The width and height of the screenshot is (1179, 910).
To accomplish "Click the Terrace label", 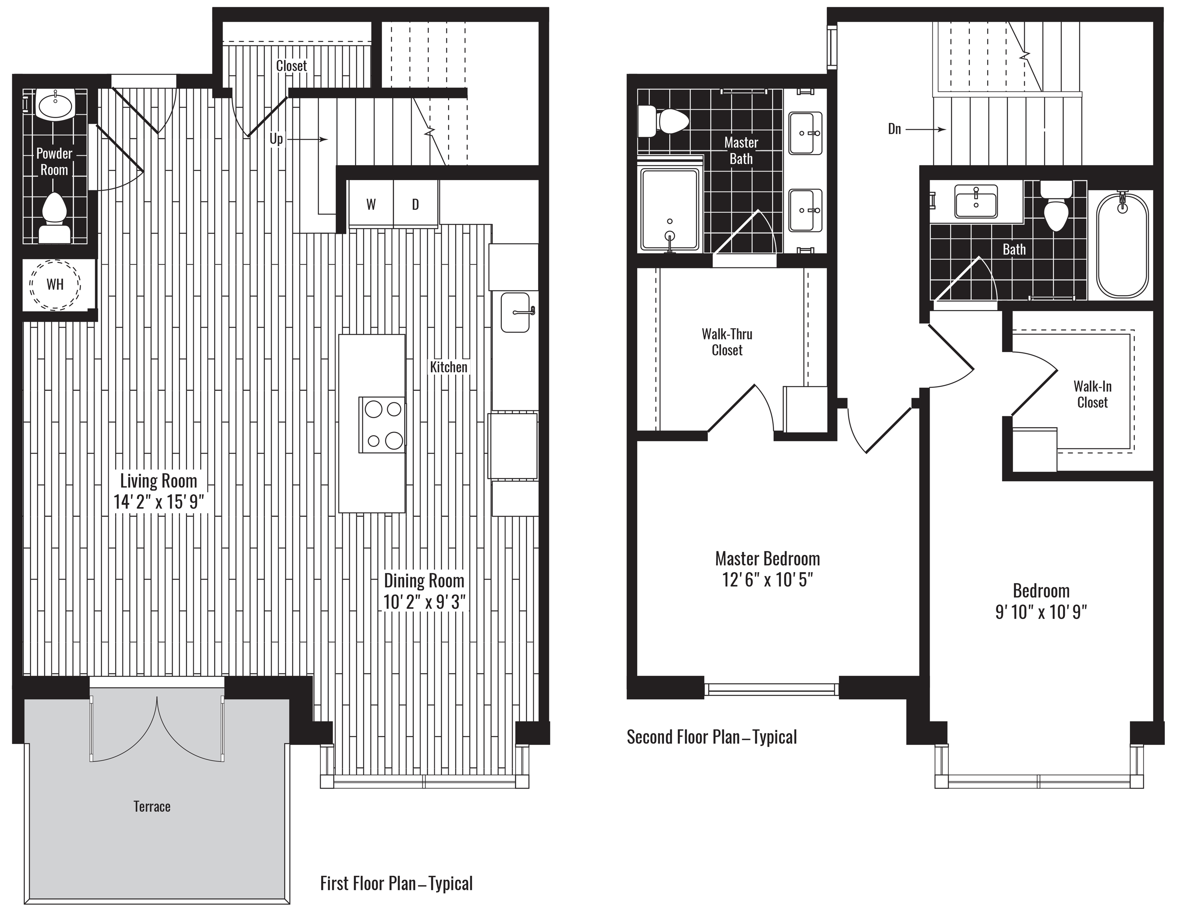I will point(152,806).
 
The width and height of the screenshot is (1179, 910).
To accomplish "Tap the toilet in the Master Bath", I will point(663,122).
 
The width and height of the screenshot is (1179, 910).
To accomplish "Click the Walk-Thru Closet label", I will point(727,342).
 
